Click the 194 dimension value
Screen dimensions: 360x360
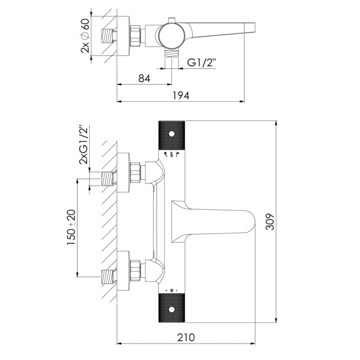[x=181, y=95]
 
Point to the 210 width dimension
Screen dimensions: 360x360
[x=186, y=337]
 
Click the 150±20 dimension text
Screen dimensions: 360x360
[x=71, y=227]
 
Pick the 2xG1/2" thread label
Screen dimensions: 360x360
[x=83, y=145]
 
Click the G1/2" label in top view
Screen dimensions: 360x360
[x=202, y=63]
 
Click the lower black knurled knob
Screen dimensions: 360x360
[x=171, y=308]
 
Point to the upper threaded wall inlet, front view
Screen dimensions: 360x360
[x=107, y=178]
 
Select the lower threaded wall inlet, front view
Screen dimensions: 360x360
[x=107, y=276]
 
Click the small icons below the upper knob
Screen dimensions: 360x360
[x=171, y=155]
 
